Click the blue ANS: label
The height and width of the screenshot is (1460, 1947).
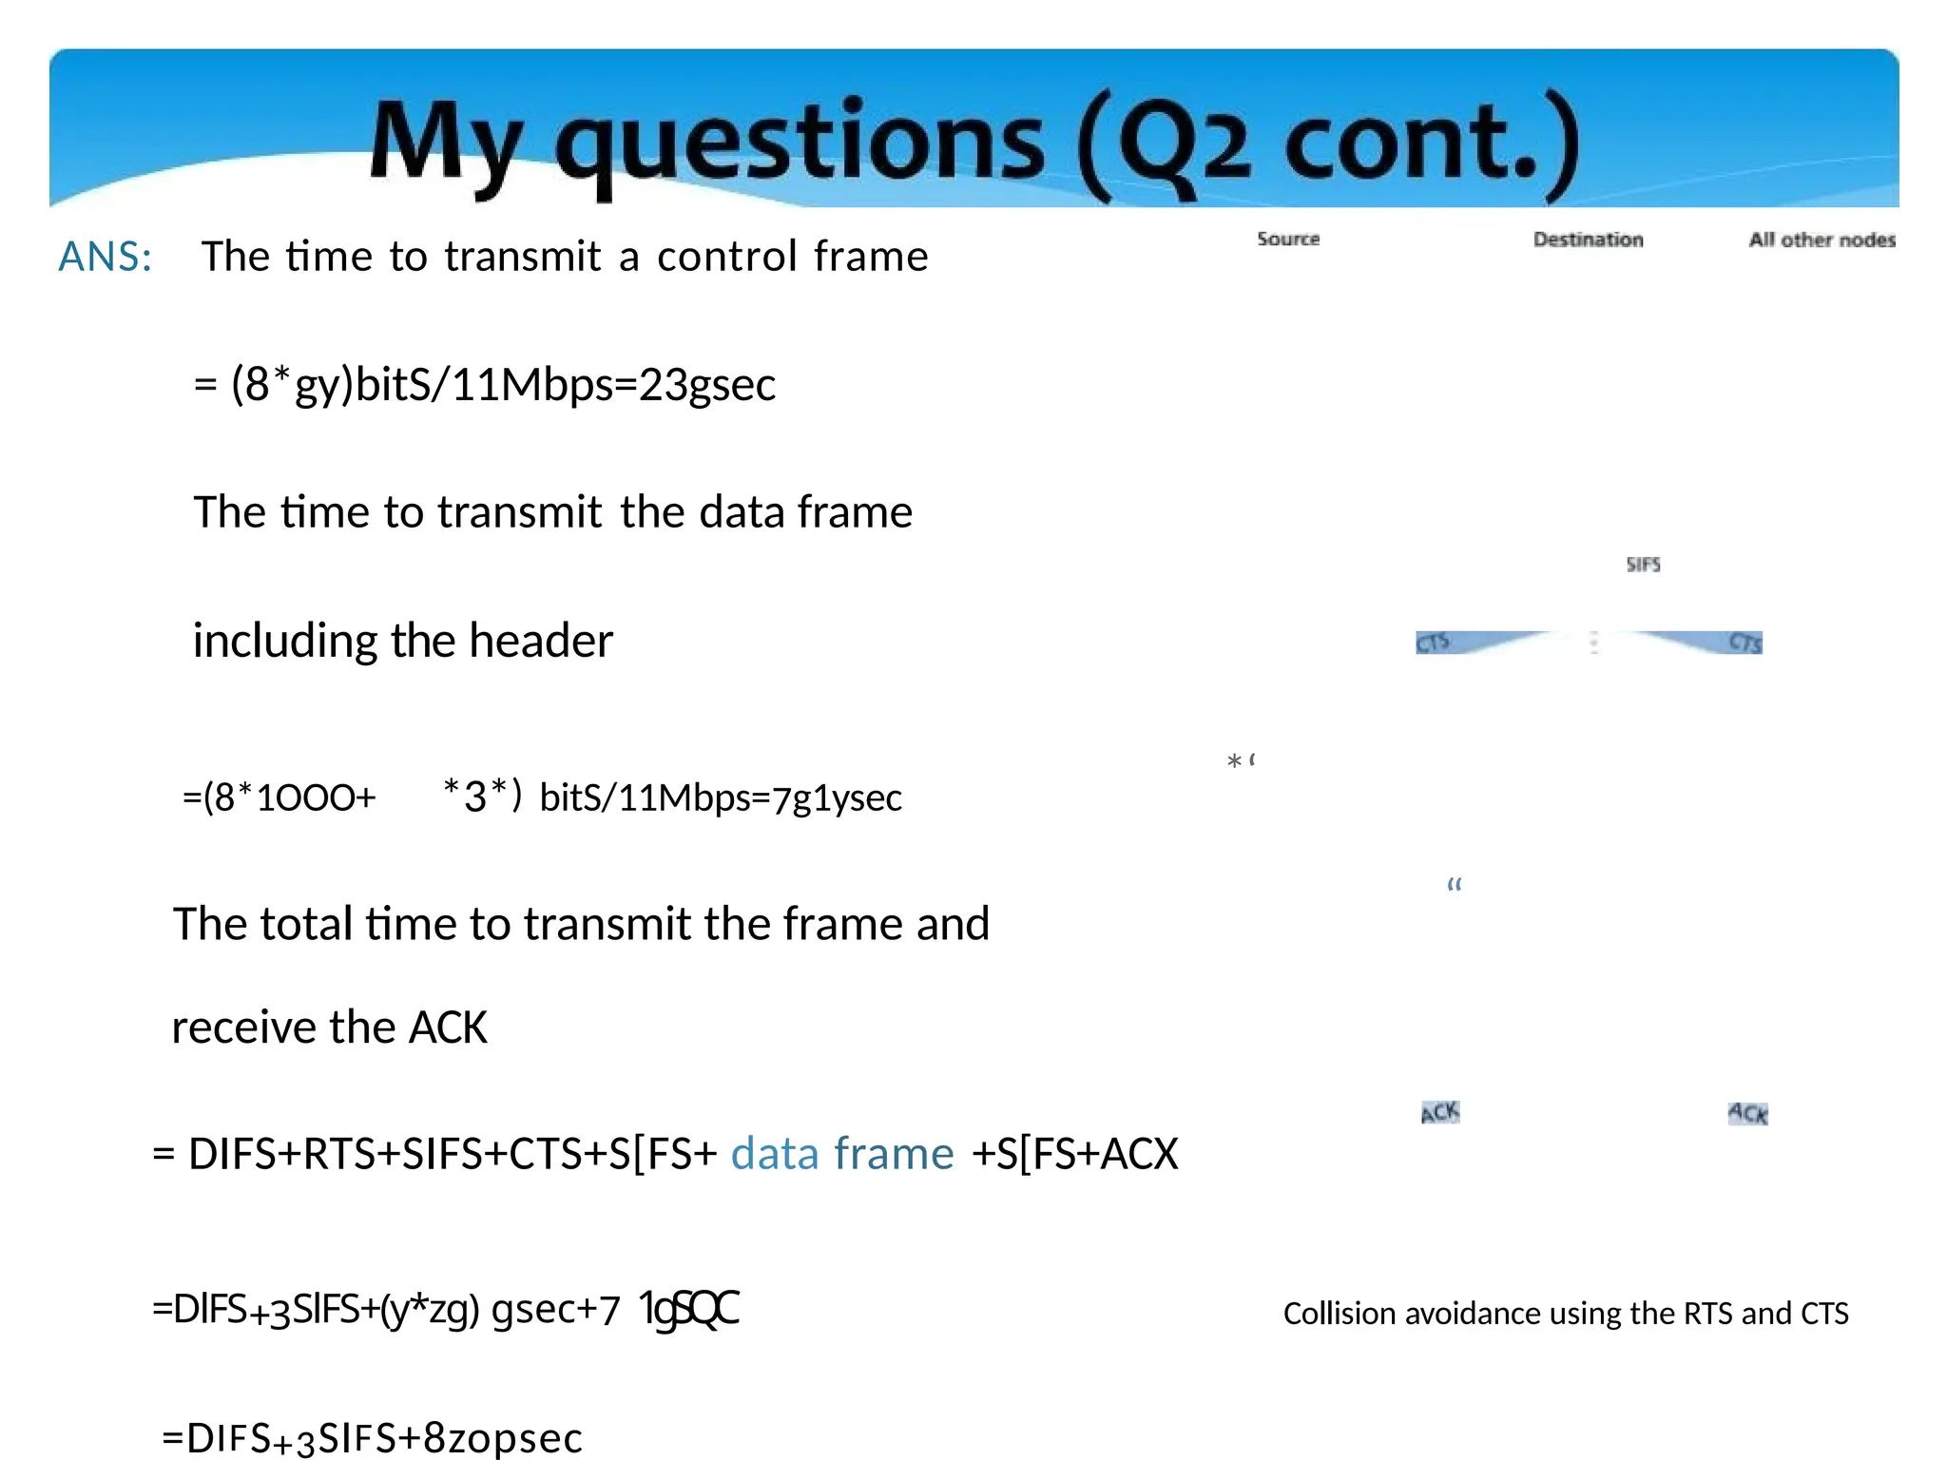point(106,257)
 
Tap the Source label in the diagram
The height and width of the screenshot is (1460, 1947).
point(1288,239)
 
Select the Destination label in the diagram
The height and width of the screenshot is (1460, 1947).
point(1588,240)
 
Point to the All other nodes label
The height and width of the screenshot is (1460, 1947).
point(1822,240)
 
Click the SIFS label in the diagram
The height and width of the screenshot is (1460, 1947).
point(1643,565)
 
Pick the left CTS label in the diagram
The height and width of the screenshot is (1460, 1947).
point(1433,644)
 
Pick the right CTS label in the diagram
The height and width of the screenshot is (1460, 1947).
point(1745,644)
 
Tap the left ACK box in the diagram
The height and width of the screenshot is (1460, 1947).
point(1440,1112)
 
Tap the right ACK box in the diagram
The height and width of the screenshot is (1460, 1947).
point(1747,1113)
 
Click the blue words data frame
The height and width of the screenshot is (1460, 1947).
point(842,1154)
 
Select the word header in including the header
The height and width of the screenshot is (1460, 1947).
point(541,641)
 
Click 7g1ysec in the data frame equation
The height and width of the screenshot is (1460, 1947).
point(837,798)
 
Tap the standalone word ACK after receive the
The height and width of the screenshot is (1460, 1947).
point(448,1028)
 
